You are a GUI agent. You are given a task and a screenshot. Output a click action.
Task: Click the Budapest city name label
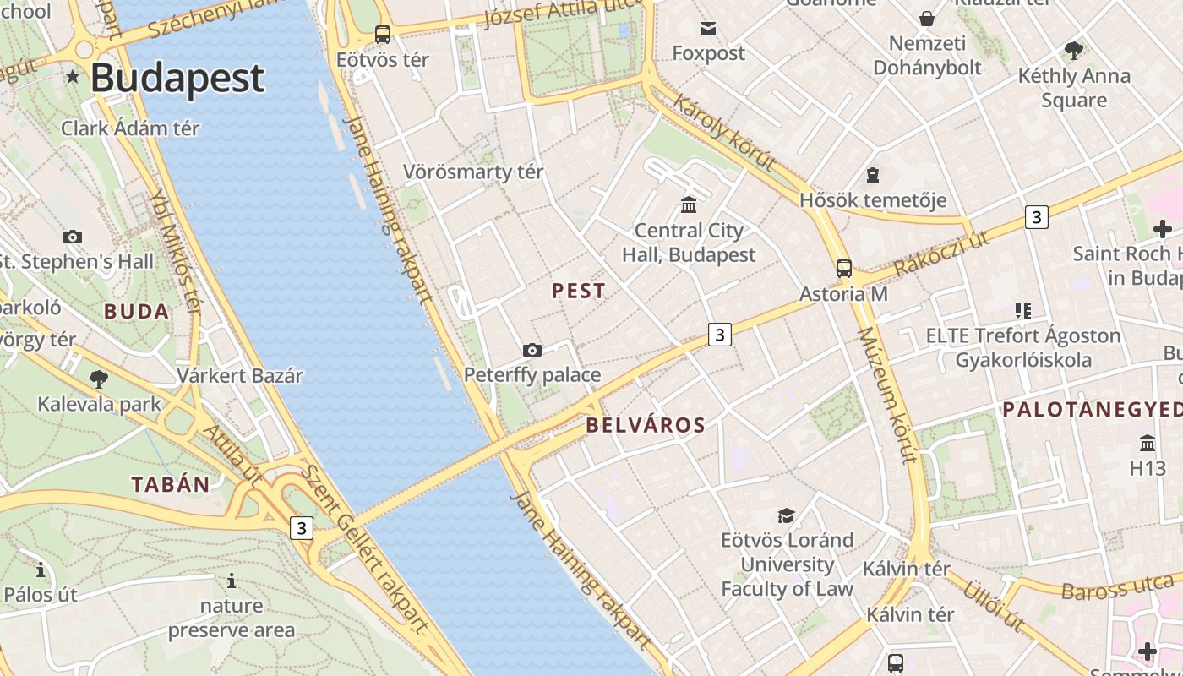[177, 78]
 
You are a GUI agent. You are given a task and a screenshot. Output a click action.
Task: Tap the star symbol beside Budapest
[73, 78]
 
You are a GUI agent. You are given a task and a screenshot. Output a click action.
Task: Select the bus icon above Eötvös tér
[383, 35]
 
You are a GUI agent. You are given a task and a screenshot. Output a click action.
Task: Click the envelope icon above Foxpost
[708, 30]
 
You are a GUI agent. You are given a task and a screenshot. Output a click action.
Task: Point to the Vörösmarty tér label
[472, 172]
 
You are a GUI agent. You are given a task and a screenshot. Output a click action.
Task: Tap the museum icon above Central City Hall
[689, 204]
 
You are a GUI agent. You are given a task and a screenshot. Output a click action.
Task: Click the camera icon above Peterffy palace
[532, 350]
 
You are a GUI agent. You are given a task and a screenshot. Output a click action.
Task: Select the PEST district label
[579, 291]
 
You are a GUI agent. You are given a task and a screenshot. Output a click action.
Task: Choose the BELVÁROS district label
[646, 425]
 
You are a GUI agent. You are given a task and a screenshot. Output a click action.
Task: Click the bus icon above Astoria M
[843, 269]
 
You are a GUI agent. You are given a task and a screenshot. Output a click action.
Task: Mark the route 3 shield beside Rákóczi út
[1036, 217]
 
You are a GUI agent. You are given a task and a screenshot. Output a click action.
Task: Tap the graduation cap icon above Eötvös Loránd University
[787, 515]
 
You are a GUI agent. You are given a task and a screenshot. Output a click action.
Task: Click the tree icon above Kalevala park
[98, 379]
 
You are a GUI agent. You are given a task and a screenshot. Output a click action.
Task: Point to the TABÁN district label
[171, 484]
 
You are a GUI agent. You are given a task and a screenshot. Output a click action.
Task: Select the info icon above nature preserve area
[232, 581]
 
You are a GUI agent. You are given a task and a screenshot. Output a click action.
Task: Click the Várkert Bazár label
[240, 375]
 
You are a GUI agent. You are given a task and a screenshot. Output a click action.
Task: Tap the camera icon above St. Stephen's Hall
[73, 237]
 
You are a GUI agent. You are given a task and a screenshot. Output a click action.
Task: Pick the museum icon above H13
[1148, 443]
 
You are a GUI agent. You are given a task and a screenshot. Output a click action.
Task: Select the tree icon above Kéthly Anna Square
[1074, 51]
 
